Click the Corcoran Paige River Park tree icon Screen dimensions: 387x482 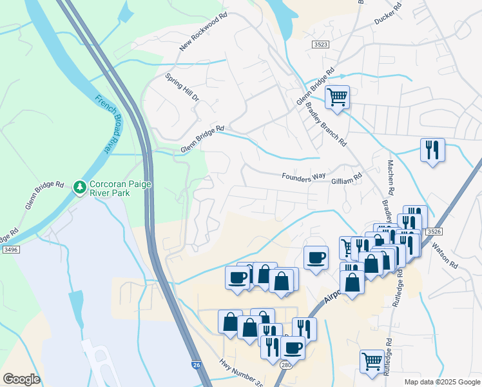point(80,187)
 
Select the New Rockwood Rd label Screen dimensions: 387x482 point(204,32)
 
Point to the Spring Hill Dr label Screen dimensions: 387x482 point(182,87)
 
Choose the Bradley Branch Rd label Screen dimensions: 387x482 point(326,124)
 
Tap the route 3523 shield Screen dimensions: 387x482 point(320,44)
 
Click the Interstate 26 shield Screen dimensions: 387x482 point(195,365)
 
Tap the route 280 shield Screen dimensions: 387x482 point(286,365)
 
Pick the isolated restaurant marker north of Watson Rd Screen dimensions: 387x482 point(432,150)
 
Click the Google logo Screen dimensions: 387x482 point(21,379)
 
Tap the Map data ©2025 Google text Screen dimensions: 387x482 point(442,382)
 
